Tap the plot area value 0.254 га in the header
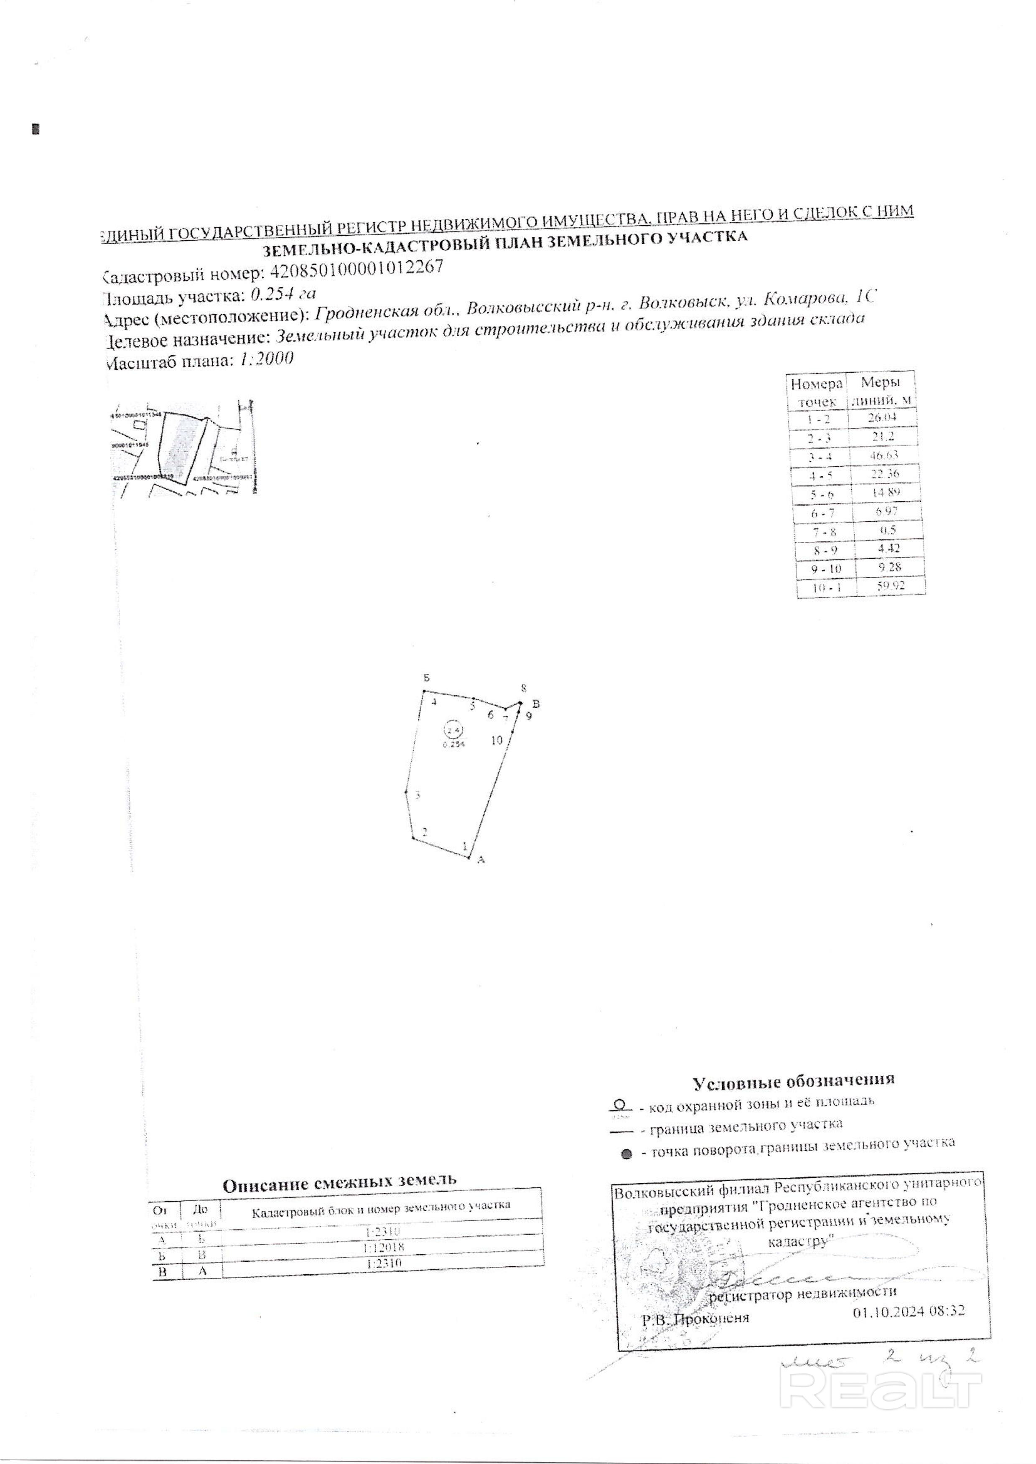(x=284, y=294)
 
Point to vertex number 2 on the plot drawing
(x=424, y=832)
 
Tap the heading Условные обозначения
(x=794, y=1080)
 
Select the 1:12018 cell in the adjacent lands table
(x=383, y=1247)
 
